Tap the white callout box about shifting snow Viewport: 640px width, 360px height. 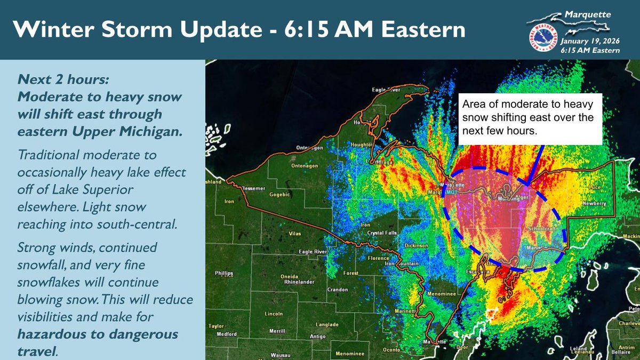(530, 119)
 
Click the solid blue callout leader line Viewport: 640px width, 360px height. (536, 163)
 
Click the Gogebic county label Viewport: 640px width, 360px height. (281, 195)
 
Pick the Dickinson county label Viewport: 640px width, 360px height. (417, 245)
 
